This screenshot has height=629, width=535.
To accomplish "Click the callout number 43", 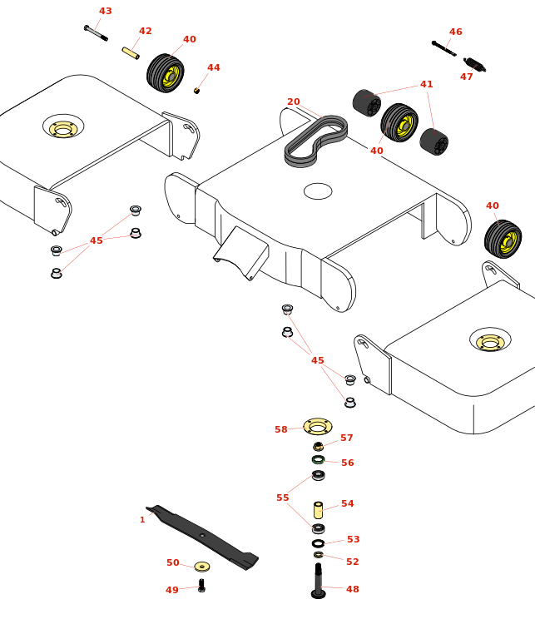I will tap(106, 12).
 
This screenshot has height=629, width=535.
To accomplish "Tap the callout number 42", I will tap(146, 32).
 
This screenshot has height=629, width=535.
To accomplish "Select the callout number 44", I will tap(214, 68).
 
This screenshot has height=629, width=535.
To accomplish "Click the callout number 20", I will tap(294, 102).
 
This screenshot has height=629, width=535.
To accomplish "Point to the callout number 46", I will tap(456, 32).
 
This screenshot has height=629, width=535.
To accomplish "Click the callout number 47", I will tap(467, 77).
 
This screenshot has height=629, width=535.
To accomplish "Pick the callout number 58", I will tap(281, 430).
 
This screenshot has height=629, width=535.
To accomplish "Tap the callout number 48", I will tap(353, 589).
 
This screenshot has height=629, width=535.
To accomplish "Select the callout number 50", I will tap(173, 563).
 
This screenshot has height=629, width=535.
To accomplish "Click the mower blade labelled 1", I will tap(202, 537).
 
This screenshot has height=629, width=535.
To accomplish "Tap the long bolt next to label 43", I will tap(96, 33).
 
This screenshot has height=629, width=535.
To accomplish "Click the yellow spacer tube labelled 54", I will tap(318, 510).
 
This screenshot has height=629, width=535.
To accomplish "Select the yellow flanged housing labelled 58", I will tap(318, 426).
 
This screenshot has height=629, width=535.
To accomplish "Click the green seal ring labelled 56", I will tap(318, 459).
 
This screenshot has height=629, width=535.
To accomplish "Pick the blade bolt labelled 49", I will tap(201, 586).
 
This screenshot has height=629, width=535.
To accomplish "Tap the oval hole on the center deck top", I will tap(318, 191).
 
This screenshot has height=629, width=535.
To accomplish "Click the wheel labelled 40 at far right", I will tap(503, 240).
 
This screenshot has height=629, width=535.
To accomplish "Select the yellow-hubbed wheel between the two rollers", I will tap(400, 123).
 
